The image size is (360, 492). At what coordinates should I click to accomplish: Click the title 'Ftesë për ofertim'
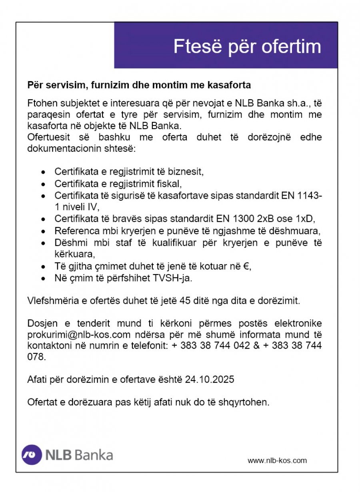click(247, 46)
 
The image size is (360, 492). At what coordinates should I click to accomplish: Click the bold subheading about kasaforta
click(139, 85)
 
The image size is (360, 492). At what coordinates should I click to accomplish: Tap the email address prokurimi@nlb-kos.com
click(79, 334)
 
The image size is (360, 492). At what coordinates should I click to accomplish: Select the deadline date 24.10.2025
click(210, 379)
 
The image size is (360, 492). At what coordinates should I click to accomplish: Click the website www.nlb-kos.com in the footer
click(277, 460)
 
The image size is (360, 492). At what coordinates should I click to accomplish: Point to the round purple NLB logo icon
click(32, 455)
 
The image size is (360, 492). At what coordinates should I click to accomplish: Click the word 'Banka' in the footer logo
click(94, 455)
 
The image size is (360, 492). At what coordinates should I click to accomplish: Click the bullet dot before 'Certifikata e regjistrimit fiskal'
click(44, 184)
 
